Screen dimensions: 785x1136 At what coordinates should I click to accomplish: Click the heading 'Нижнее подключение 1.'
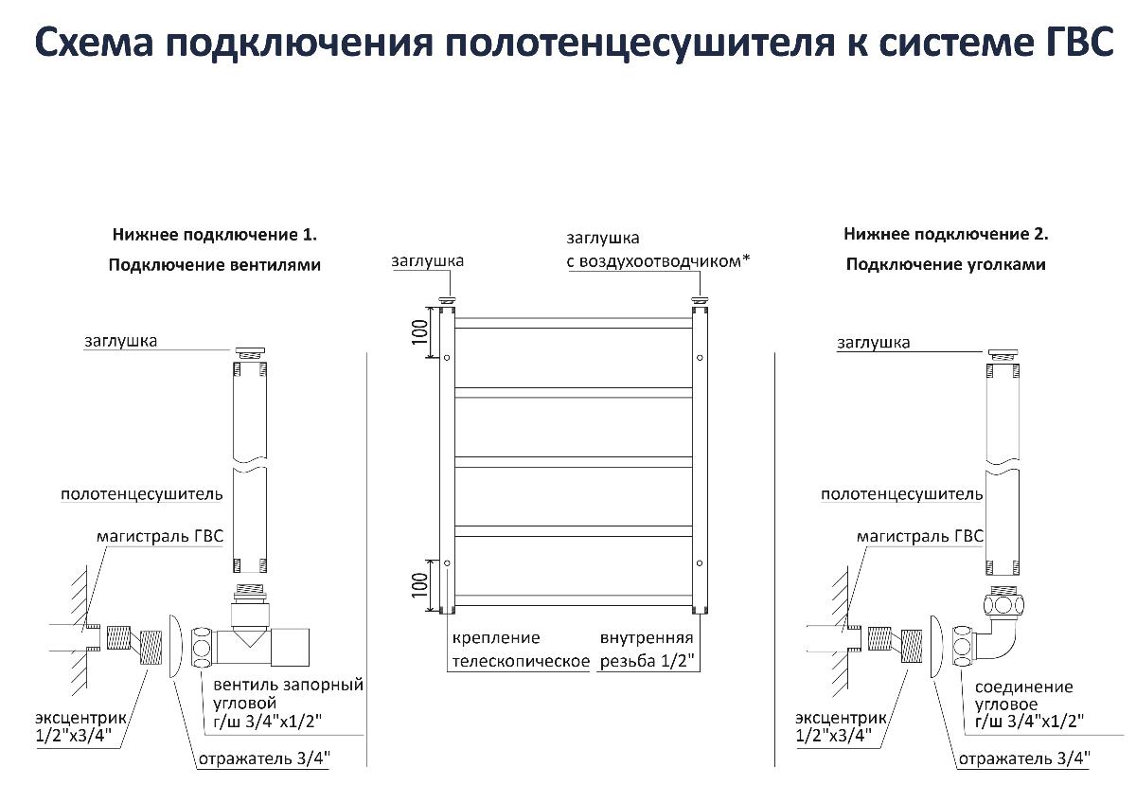215,234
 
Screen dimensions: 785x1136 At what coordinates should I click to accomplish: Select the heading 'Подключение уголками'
946,264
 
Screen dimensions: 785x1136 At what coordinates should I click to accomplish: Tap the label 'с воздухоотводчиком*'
658,260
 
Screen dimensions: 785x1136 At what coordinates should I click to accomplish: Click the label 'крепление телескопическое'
521,649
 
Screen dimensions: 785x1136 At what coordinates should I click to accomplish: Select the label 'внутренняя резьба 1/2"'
647,649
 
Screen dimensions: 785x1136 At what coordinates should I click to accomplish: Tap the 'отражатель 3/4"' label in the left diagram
264,759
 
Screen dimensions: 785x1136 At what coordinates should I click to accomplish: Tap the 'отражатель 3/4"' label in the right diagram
1024,758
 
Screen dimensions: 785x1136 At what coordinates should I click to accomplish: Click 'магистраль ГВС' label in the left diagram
160,536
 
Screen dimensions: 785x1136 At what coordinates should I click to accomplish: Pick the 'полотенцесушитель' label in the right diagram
902,493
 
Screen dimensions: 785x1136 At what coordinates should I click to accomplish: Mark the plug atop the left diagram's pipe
250,349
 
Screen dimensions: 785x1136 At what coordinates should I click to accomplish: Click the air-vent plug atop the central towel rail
701,302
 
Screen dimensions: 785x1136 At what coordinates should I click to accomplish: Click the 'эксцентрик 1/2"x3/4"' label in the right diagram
838,725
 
